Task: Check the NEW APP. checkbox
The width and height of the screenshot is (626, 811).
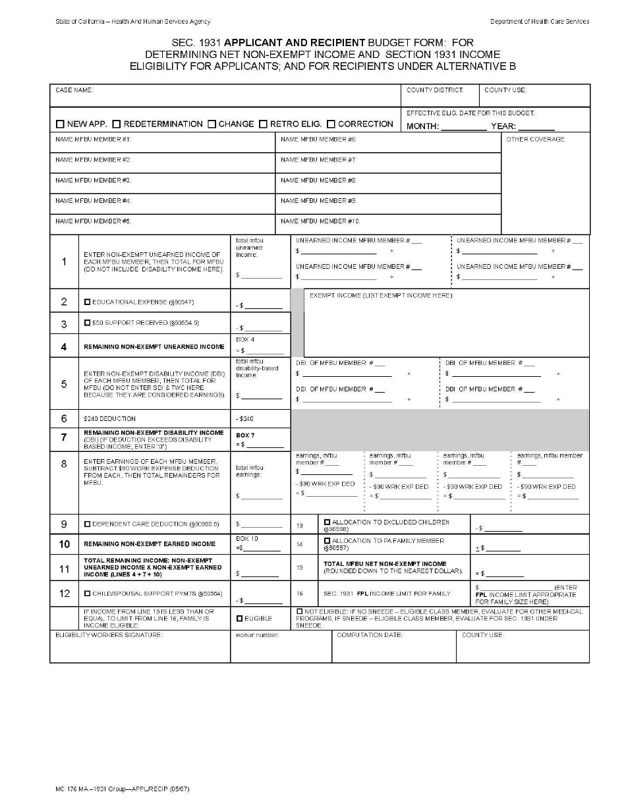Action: click(x=60, y=124)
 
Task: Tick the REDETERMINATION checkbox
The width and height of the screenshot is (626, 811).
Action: click(x=117, y=124)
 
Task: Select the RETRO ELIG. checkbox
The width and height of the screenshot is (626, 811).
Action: click(x=263, y=124)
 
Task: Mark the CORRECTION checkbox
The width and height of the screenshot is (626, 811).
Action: click(x=331, y=124)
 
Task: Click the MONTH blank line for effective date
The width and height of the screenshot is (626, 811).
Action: click(x=463, y=127)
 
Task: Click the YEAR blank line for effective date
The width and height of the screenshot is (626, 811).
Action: click(x=540, y=127)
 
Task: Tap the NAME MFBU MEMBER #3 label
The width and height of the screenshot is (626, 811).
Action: click(x=93, y=180)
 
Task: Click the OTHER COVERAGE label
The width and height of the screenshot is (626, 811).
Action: click(x=536, y=139)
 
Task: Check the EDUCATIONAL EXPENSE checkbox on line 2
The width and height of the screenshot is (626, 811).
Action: click(x=87, y=302)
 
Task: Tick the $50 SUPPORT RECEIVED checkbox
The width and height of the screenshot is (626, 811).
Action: click(x=87, y=323)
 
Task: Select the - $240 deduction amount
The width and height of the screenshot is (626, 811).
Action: click(x=244, y=418)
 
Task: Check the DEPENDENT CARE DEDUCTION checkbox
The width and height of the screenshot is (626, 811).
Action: click(x=87, y=524)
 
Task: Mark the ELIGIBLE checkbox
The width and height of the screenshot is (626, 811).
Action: click(x=240, y=618)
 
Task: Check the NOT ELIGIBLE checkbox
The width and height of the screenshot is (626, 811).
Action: click(x=300, y=611)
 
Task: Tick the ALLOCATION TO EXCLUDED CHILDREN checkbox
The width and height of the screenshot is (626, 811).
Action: click(x=327, y=522)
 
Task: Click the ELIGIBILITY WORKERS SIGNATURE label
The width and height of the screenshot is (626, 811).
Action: click(x=109, y=634)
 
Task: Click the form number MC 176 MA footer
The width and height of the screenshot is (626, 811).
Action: click(x=122, y=789)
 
